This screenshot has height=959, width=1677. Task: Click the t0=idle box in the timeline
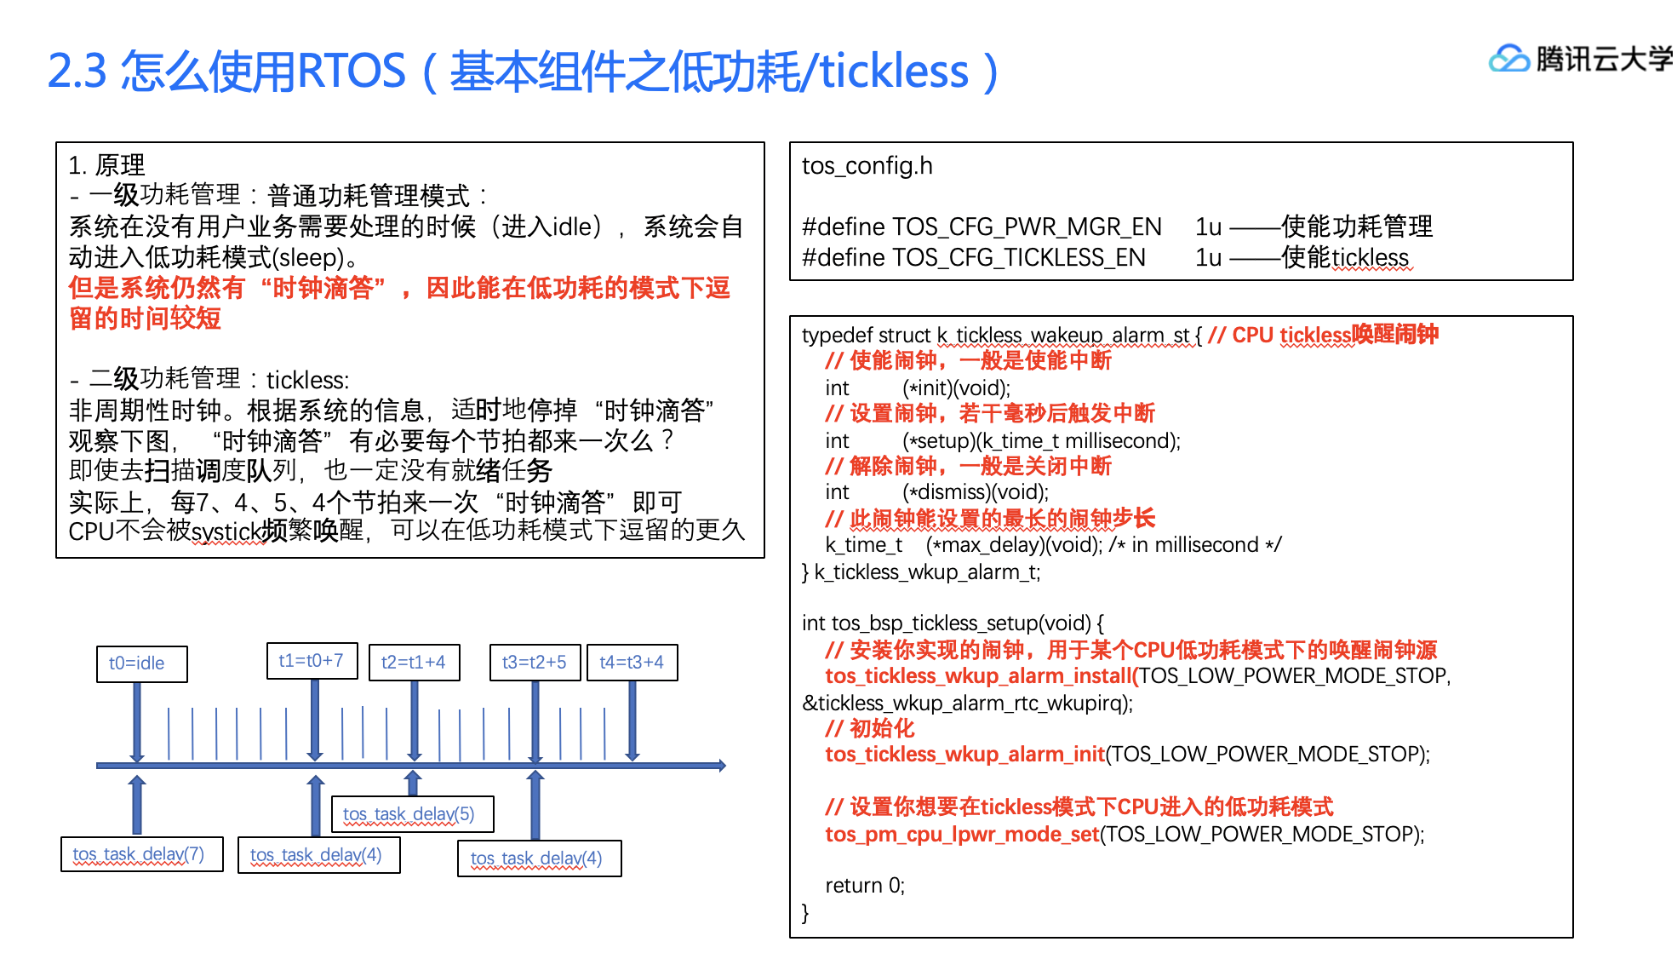(141, 663)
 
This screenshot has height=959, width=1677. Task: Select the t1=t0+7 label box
(312, 661)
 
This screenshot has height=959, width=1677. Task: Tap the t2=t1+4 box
(414, 663)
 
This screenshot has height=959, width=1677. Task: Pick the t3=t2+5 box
(535, 663)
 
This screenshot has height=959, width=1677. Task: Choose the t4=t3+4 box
(632, 663)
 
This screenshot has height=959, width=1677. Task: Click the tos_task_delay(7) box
(141, 854)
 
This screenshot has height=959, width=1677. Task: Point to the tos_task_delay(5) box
(411, 814)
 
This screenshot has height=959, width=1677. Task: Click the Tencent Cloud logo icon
(1508, 60)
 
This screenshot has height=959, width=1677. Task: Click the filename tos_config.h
(867, 165)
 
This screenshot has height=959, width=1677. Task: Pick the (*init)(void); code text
(956, 388)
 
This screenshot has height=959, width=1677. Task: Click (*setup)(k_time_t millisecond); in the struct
(1041, 441)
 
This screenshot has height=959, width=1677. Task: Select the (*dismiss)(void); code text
(975, 492)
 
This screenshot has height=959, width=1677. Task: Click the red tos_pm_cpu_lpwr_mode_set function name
(962, 834)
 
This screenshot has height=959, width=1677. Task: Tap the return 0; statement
(864, 886)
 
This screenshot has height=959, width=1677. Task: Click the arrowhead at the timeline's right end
(721, 766)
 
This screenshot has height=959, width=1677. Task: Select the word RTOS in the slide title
(352, 71)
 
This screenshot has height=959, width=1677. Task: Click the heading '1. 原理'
(107, 164)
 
